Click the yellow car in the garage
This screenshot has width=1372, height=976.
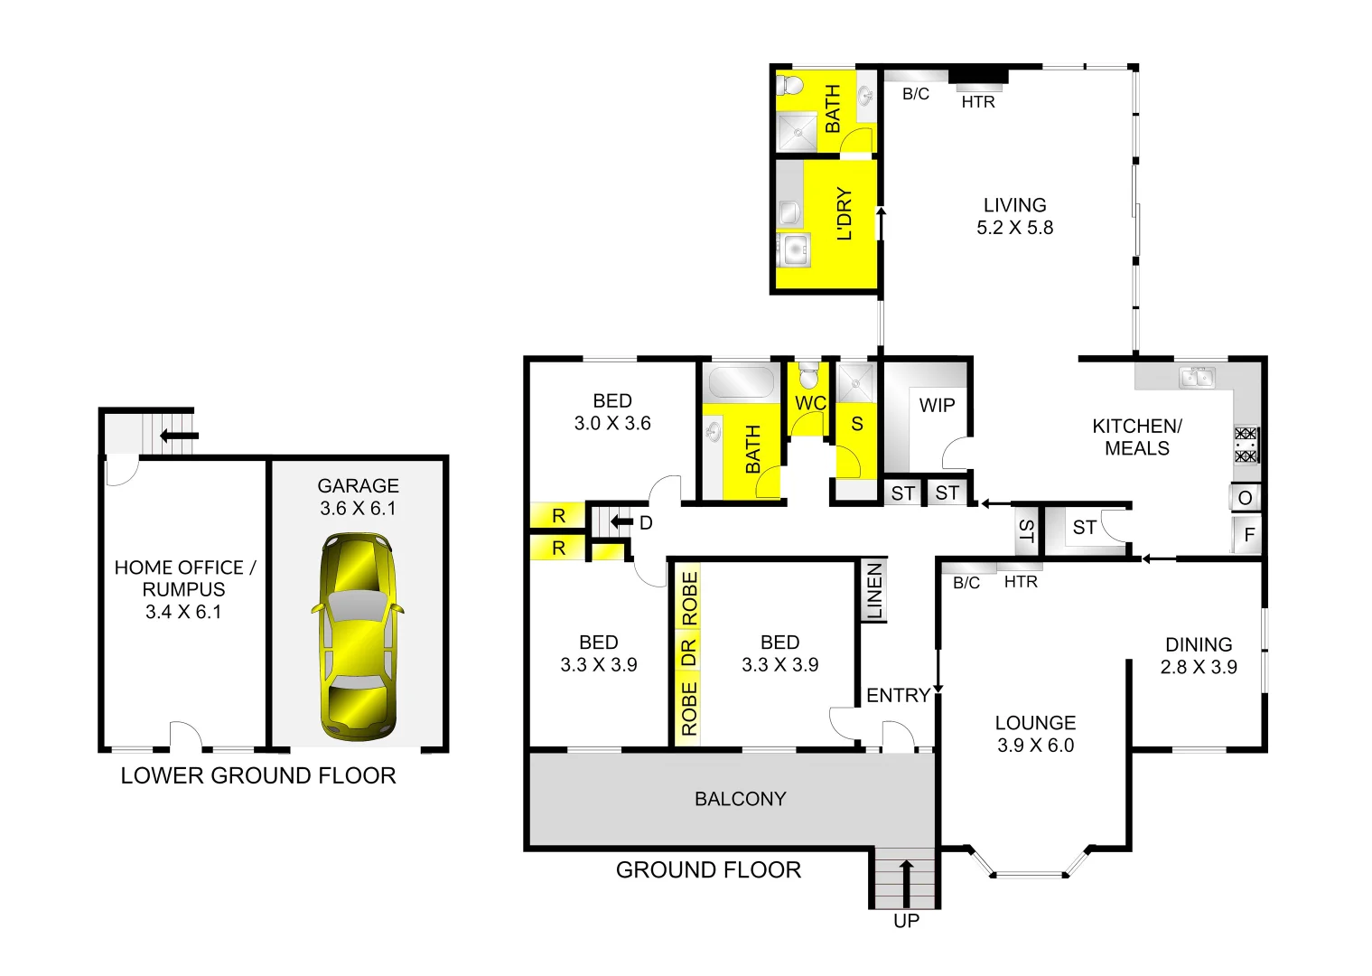coord(357,634)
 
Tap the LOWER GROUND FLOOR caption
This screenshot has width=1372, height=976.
coord(258,775)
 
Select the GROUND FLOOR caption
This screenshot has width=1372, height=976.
coord(708,870)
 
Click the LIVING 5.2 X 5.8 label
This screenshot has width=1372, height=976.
coord(1014,217)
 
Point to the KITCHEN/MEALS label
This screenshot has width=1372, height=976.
coord(1136,437)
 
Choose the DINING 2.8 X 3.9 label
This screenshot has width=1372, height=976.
coord(1199,656)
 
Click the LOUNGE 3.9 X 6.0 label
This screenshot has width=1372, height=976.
coord(1035,734)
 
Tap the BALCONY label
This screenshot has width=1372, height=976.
coord(740,799)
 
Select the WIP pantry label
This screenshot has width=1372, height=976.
coord(937,406)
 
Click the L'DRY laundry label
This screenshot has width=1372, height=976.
coord(845,214)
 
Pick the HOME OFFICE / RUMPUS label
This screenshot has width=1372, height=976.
coord(184,589)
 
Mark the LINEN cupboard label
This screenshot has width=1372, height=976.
coord(874,591)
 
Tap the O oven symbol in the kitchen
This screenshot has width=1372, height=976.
coord(1245,498)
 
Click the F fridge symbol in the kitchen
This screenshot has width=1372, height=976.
coord(1249,535)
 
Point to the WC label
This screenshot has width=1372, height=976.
coord(810,403)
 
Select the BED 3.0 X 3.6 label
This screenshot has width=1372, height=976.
coord(611,412)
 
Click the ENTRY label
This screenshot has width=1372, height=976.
coord(898,695)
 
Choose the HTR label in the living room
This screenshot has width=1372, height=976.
coord(978,102)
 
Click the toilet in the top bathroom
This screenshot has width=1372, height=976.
coord(791,86)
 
